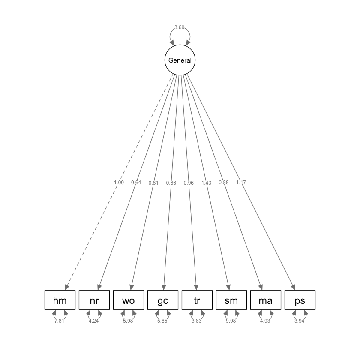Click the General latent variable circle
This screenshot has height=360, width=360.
point(180,60)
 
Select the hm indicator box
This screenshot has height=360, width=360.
point(60,300)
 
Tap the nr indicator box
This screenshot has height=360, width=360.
point(94,300)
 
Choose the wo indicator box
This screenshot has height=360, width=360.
point(129,300)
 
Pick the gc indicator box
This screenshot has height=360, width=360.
point(163,300)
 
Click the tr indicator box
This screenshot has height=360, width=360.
point(197,300)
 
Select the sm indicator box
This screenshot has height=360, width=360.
point(231,300)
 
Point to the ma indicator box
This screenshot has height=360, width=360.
point(266,300)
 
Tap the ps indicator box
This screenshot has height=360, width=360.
point(300,300)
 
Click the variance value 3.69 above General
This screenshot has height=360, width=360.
point(180,28)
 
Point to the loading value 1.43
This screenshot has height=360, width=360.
point(206,183)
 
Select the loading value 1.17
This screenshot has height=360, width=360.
point(241,183)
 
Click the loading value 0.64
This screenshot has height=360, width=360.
point(136,183)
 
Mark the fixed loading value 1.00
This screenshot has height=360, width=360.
point(119,183)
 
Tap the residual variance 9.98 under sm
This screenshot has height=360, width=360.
point(231,321)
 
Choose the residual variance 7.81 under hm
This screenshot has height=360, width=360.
point(59,321)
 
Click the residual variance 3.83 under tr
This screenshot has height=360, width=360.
point(196,321)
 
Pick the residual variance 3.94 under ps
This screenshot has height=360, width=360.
point(299,321)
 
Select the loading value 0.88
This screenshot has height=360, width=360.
point(224,183)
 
